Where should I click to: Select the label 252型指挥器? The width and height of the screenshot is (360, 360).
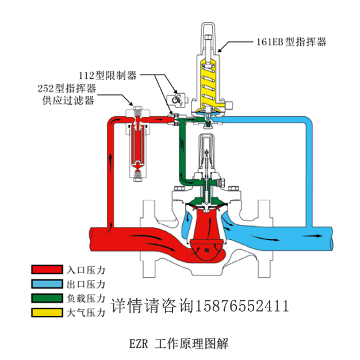click(64, 88)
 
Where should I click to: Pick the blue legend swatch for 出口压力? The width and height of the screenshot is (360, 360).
click(47, 284)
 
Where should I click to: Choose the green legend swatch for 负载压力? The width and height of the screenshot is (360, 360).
click(47, 298)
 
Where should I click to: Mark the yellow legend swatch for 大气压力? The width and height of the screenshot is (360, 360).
click(47, 313)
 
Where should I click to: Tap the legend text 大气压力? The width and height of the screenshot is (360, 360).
click(86, 313)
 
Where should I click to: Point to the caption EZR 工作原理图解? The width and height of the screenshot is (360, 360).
click(179, 343)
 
